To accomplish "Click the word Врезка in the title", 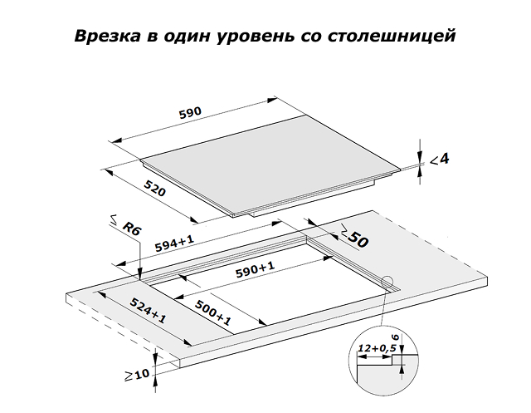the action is (107, 36).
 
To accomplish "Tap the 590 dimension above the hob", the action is (190, 112).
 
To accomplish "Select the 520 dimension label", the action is (155, 188).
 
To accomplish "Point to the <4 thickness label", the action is (439, 159).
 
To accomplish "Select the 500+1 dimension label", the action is (213, 313).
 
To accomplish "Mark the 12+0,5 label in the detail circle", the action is (377, 348).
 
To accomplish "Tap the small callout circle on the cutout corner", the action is (387, 282).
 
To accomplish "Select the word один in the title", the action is (186, 37).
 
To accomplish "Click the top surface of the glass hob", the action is (271, 163).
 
